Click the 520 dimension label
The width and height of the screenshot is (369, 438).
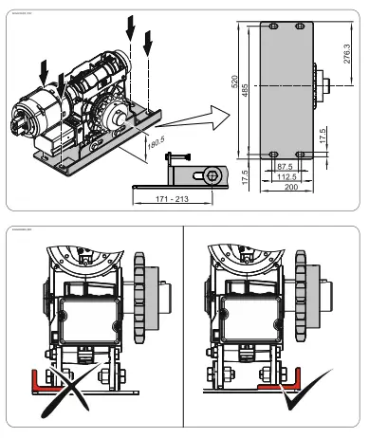[235, 82]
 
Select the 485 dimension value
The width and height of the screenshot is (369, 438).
[247, 90]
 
